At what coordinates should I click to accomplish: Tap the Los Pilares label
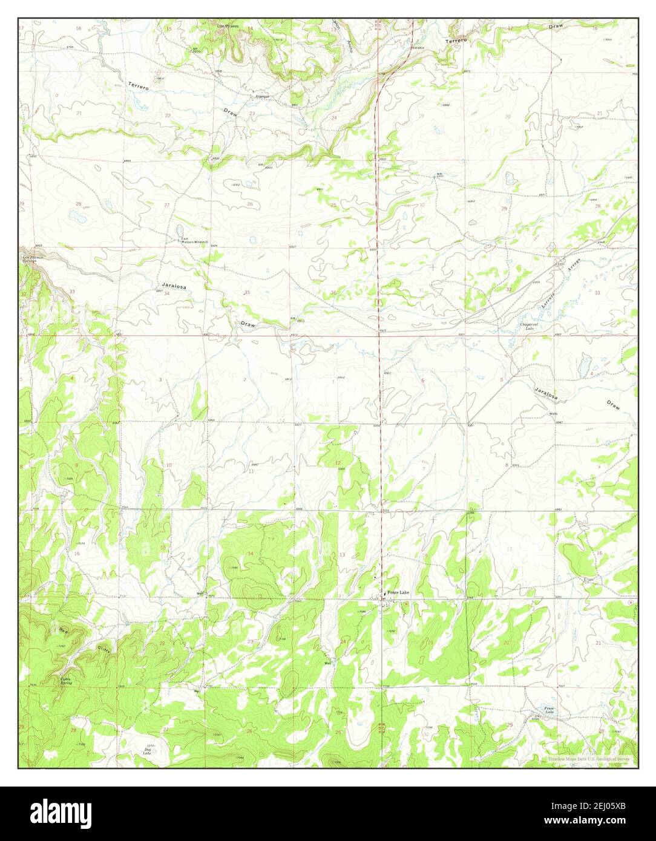228,27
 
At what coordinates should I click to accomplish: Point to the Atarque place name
261,96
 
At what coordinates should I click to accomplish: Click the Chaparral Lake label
530,326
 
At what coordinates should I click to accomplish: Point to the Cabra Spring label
65,681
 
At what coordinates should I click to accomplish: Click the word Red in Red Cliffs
63,630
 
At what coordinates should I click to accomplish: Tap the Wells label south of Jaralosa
553,414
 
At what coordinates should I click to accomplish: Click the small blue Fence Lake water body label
548,711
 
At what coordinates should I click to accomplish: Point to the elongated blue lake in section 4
584,365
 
